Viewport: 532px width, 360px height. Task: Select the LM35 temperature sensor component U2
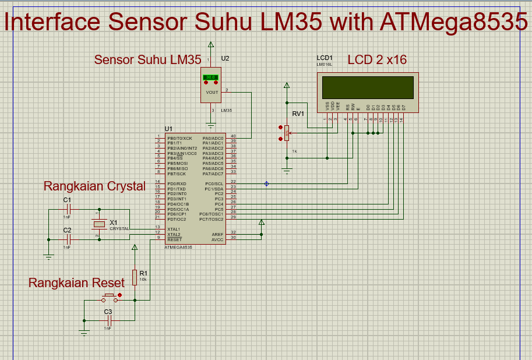[x=210, y=85]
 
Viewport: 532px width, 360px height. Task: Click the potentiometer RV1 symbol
[x=286, y=133]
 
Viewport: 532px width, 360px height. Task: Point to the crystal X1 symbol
[x=100, y=224]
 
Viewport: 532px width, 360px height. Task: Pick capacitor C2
[x=68, y=238]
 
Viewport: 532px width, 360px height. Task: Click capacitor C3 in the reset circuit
[x=108, y=321]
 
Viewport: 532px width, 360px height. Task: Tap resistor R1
[x=135, y=277]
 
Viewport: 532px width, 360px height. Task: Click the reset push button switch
[x=109, y=298]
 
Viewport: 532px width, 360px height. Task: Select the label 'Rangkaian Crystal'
[x=94, y=186]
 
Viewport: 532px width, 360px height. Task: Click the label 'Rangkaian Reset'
[x=76, y=283]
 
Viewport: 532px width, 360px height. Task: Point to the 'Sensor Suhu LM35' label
[x=147, y=59]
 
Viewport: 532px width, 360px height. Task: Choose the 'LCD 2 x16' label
[x=377, y=59]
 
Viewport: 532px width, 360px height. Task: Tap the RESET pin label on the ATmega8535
[x=174, y=239]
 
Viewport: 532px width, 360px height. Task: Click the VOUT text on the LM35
[x=212, y=92]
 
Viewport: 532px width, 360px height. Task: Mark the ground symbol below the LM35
[x=211, y=125]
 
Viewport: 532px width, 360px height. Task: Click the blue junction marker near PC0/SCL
[x=267, y=184]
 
